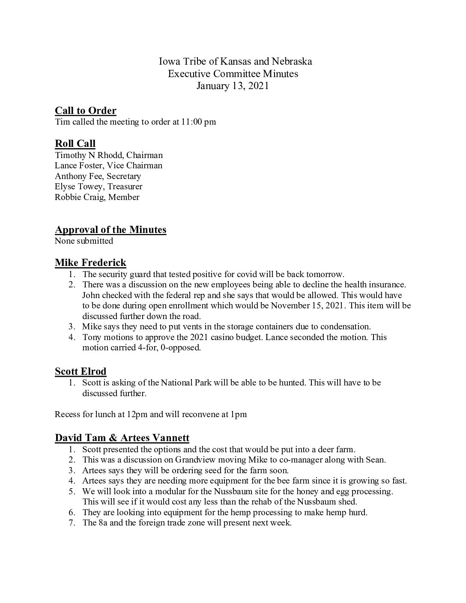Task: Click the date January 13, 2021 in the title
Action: click(x=233, y=86)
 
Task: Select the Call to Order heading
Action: click(x=86, y=111)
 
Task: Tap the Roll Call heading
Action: click(x=75, y=144)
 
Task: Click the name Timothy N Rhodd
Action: click(x=88, y=155)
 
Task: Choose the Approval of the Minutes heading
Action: click(x=111, y=230)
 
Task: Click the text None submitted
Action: click(x=84, y=241)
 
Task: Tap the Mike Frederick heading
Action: click(x=90, y=263)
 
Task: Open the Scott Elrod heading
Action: click(x=81, y=371)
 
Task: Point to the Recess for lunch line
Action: click(x=151, y=415)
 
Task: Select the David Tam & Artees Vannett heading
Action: click(x=122, y=438)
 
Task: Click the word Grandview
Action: click(x=206, y=460)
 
